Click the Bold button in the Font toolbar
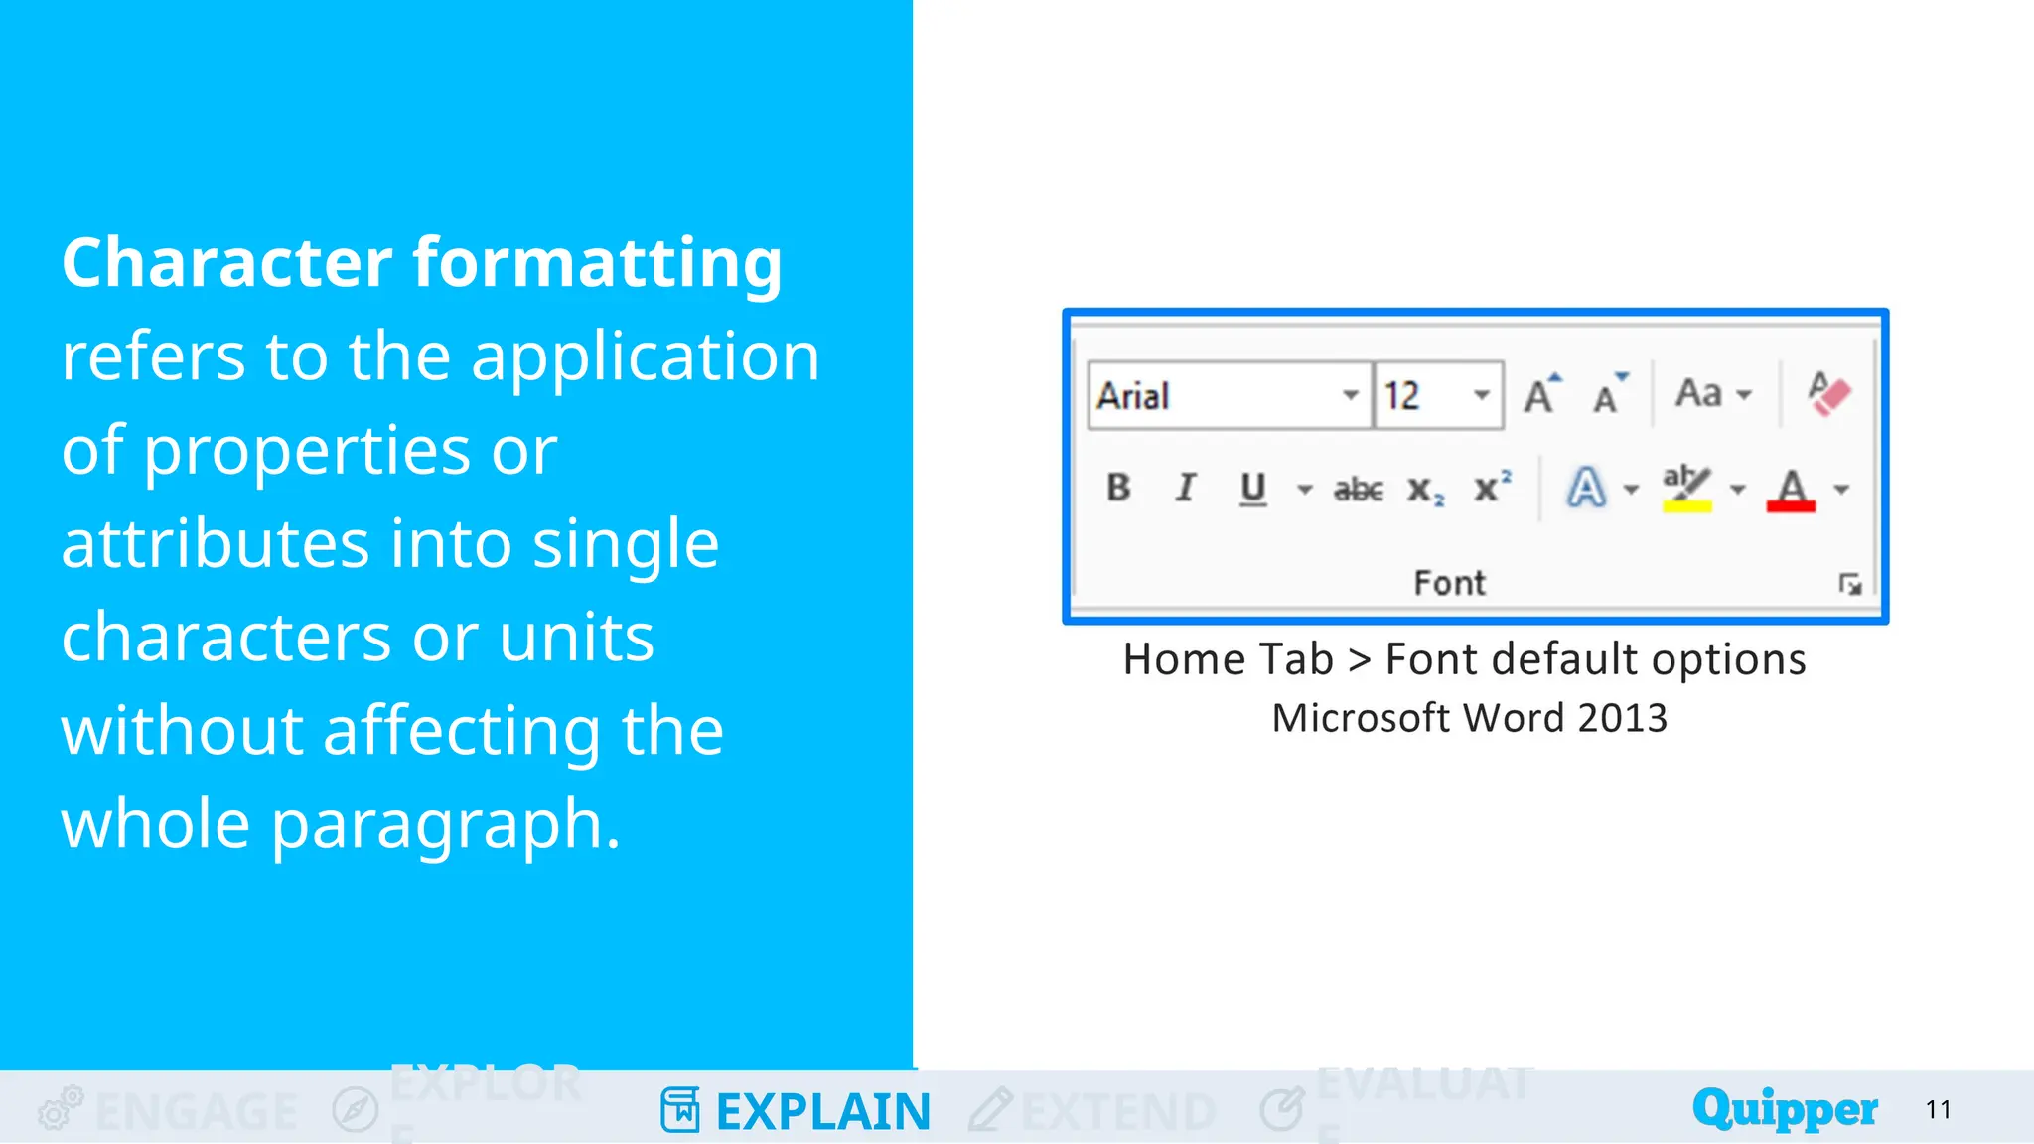pyautogui.click(x=1118, y=488)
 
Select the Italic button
pyautogui.click(x=1185, y=488)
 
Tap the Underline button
pyautogui.click(x=1252, y=488)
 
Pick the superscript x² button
pyautogui.click(x=1492, y=487)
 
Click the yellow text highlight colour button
pyautogui.click(x=1686, y=489)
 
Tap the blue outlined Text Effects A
pyautogui.click(x=1586, y=489)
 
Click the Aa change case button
pyautogui.click(x=1699, y=394)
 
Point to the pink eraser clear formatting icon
pyautogui.click(x=1828, y=394)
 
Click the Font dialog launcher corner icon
pyautogui.click(x=1849, y=584)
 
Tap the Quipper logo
pyautogui.click(x=1785, y=1108)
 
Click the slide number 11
pyautogui.click(x=1938, y=1109)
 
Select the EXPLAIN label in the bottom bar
pyautogui.click(x=822, y=1111)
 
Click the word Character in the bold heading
pyautogui.click(x=227, y=263)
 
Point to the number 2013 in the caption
pyautogui.click(x=1622, y=718)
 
